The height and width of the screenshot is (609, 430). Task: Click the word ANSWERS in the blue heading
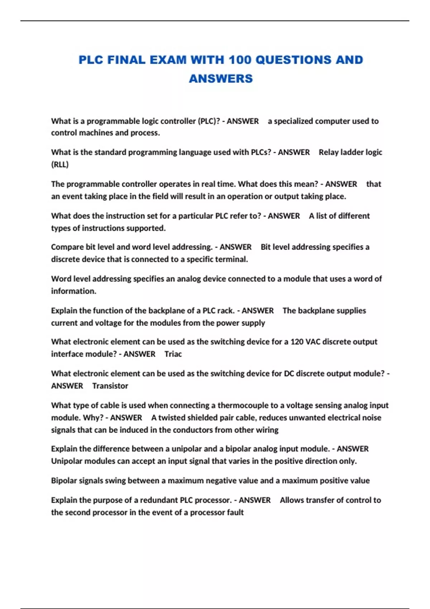221,78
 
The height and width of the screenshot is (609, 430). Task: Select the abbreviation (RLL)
60,164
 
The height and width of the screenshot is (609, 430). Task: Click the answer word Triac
173,354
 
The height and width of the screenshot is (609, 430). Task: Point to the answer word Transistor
110,386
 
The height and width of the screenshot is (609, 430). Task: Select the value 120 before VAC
297,342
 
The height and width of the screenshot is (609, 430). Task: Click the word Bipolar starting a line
64,481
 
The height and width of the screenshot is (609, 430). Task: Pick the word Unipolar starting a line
66,461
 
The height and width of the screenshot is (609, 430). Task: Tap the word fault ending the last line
235,512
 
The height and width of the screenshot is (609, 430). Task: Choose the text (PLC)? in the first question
209,121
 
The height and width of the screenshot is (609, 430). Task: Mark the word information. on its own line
73,291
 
